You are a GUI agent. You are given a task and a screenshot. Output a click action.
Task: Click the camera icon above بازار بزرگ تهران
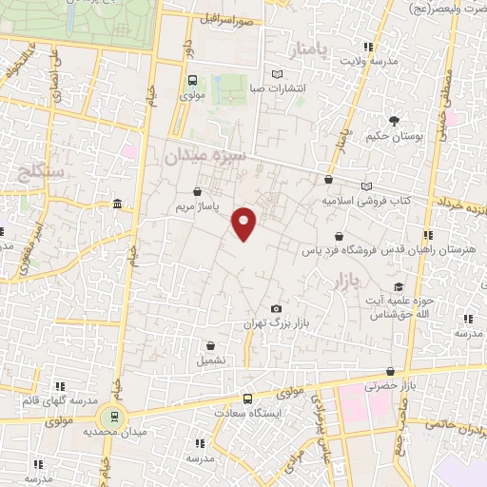point(276,309)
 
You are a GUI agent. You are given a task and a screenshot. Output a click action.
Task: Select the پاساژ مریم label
point(198,206)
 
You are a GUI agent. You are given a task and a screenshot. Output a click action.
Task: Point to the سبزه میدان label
point(204,155)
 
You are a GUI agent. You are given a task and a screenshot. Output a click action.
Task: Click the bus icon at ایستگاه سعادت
point(247,399)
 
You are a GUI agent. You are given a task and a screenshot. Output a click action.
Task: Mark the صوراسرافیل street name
point(227,19)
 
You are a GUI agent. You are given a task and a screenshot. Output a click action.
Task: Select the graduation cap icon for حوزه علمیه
point(399,287)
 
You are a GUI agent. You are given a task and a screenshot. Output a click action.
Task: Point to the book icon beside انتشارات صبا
point(277,74)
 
